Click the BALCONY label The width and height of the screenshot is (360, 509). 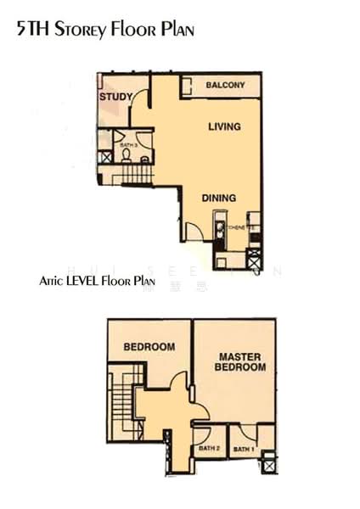pyautogui.click(x=225, y=85)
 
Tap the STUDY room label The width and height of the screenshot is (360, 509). pyautogui.click(x=115, y=98)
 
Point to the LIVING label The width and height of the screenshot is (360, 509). pyautogui.click(x=224, y=127)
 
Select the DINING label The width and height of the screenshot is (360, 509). pyautogui.click(x=218, y=198)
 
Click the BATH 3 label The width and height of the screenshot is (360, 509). pyautogui.click(x=128, y=146)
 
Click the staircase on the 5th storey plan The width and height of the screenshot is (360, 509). pyautogui.click(x=135, y=175)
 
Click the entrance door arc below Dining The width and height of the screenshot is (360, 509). pyautogui.click(x=194, y=231)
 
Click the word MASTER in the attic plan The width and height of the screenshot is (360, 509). pyautogui.click(x=239, y=356)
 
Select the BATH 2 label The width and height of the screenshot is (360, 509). pyautogui.click(x=209, y=448)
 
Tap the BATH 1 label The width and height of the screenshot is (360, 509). pyautogui.click(x=244, y=449)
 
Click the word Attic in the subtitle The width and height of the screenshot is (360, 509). pyautogui.click(x=53, y=281)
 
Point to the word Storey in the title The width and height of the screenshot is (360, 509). pyautogui.click(x=82, y=31)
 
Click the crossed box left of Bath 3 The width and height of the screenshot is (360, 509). pyautogui.click(x=105, y=157)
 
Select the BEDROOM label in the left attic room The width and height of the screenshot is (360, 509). pyautogui.click(x=149, y=347)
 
